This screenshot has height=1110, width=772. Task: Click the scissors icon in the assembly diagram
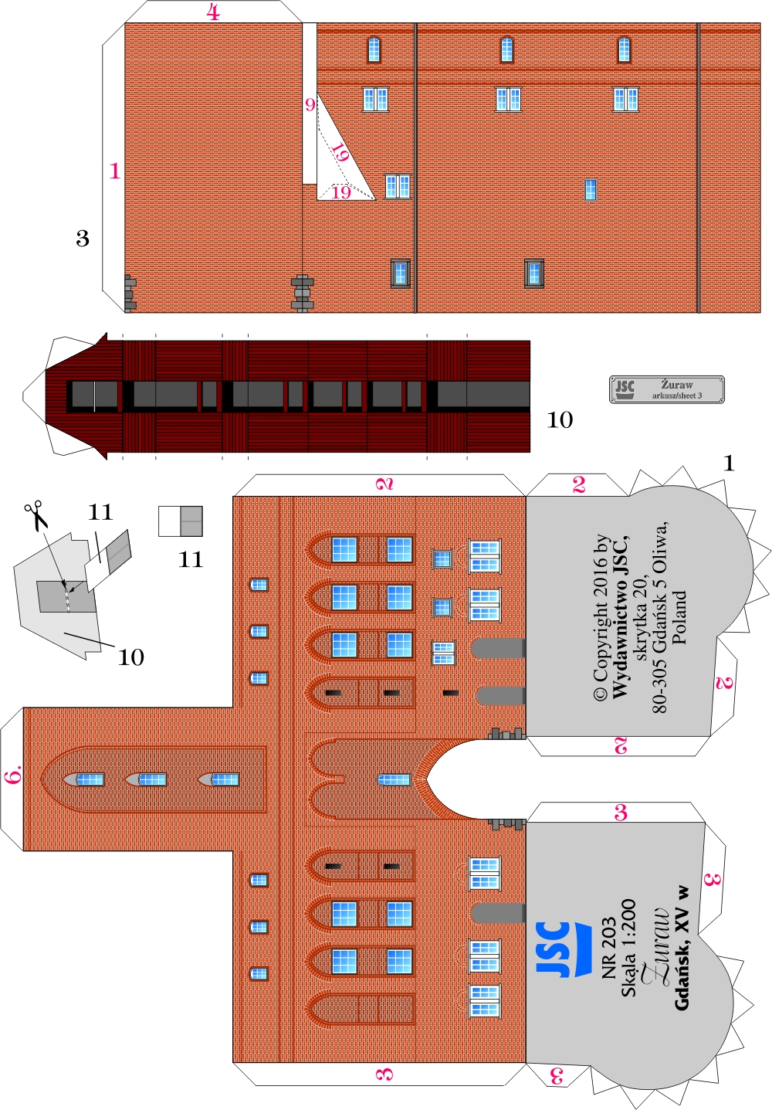click(36, 516)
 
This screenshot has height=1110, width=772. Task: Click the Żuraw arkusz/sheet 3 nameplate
click(666, 389)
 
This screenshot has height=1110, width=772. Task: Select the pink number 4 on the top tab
click(213, 12)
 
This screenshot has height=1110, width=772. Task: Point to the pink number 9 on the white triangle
click(310, 104)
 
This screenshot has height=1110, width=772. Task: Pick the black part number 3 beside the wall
click(83, 239)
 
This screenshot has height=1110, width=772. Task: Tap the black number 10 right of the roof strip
click(560, 419)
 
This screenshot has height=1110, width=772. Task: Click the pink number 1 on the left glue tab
click(114, 171)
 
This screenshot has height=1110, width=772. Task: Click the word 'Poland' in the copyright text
click(679, 617)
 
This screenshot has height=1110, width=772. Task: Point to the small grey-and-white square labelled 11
click(181, 521)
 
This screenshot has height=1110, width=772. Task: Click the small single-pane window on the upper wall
click(591, 189)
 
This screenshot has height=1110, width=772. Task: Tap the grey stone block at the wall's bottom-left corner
click(130, 294)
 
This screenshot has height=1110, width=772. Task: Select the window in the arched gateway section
click(394, 779)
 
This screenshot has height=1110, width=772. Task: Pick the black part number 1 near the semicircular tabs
click(729, 463)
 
